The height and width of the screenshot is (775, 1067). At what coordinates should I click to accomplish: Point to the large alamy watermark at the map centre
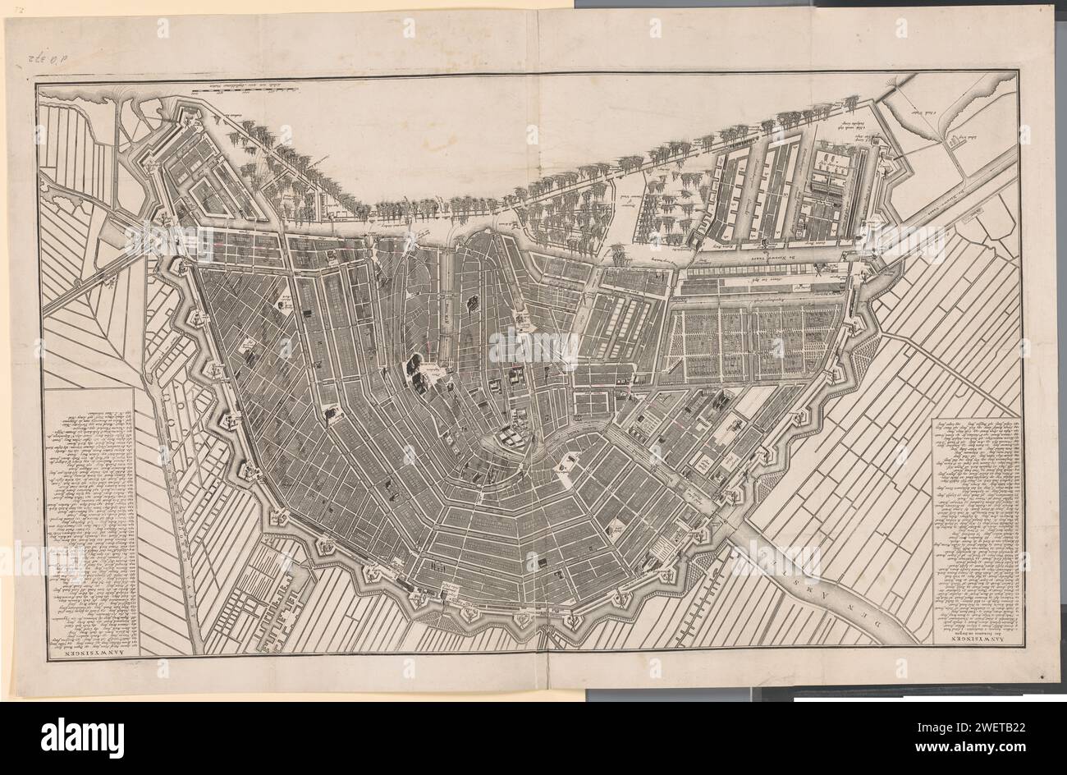[533, 349]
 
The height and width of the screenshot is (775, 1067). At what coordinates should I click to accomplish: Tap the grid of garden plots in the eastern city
[751, 341]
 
